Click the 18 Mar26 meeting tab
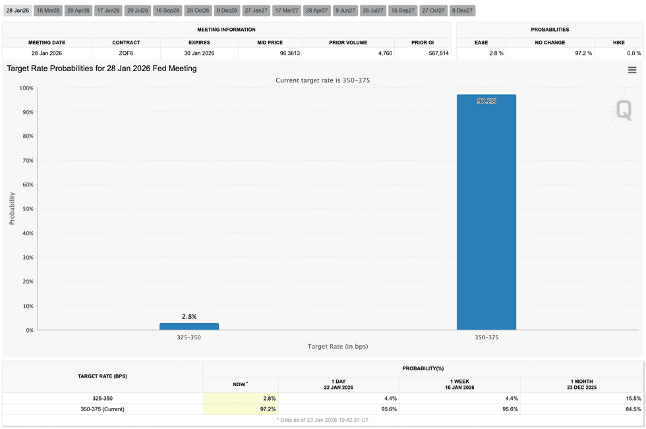48,11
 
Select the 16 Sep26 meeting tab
167,11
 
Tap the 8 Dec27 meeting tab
462,11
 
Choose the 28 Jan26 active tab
18,11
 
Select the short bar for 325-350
189,326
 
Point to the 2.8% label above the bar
189,316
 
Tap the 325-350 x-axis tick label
189,337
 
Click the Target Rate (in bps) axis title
338,347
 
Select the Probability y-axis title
12,209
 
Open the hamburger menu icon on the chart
631,70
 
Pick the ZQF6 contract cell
125,53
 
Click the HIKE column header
618,42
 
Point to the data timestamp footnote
322,420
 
